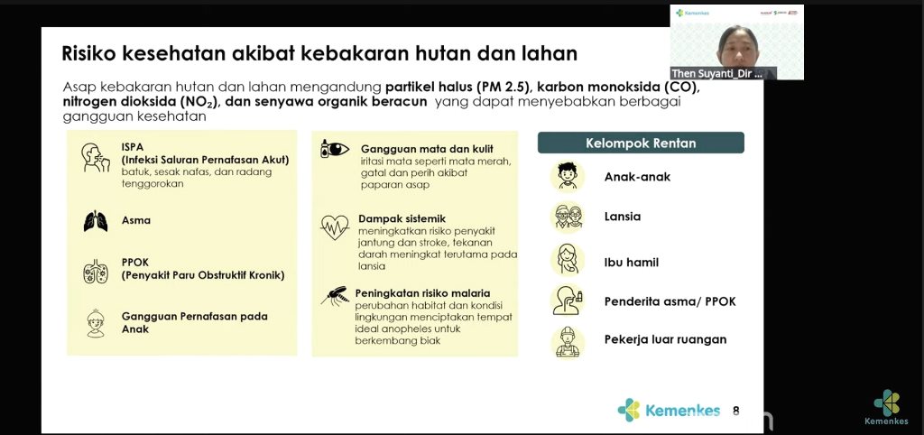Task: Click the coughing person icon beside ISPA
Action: click(96, 157)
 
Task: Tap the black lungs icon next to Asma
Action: click(96, 221)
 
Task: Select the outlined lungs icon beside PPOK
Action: click(96, 271)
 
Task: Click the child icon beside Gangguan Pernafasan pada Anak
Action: click(96, 324)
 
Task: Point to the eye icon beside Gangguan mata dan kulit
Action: click(335, 149)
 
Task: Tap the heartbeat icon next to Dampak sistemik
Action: click(335, 227)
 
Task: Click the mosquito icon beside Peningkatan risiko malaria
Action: click(334, 296)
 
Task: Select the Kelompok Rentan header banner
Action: click(641, 143)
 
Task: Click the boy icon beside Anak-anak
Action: click(568, 176)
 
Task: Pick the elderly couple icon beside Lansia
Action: click(568, 217)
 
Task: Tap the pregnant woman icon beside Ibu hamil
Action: click(568, 260)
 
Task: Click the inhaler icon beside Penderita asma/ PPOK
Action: click(568, 301)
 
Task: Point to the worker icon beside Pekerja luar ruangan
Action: click(568, 342)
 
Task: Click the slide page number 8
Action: click(735, 411)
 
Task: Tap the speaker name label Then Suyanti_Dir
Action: click(717, 74)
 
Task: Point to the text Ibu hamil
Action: click(631, 263)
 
